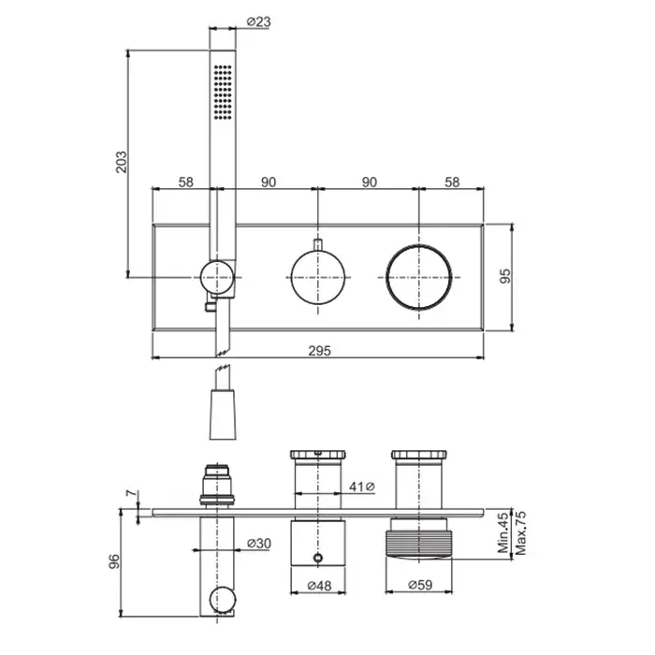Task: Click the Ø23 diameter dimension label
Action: coord(258,22)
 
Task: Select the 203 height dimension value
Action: coord(121,162)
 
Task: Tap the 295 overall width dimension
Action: coord(320,351)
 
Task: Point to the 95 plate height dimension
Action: coord(505,276)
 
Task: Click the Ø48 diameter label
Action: coord(319,586)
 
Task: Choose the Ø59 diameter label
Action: coord(420,585)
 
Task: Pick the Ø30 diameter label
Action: coord(259,543)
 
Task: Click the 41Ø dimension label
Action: coord(362,487)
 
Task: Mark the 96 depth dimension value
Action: coord(113,561)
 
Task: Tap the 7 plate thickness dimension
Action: coord(132,493)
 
